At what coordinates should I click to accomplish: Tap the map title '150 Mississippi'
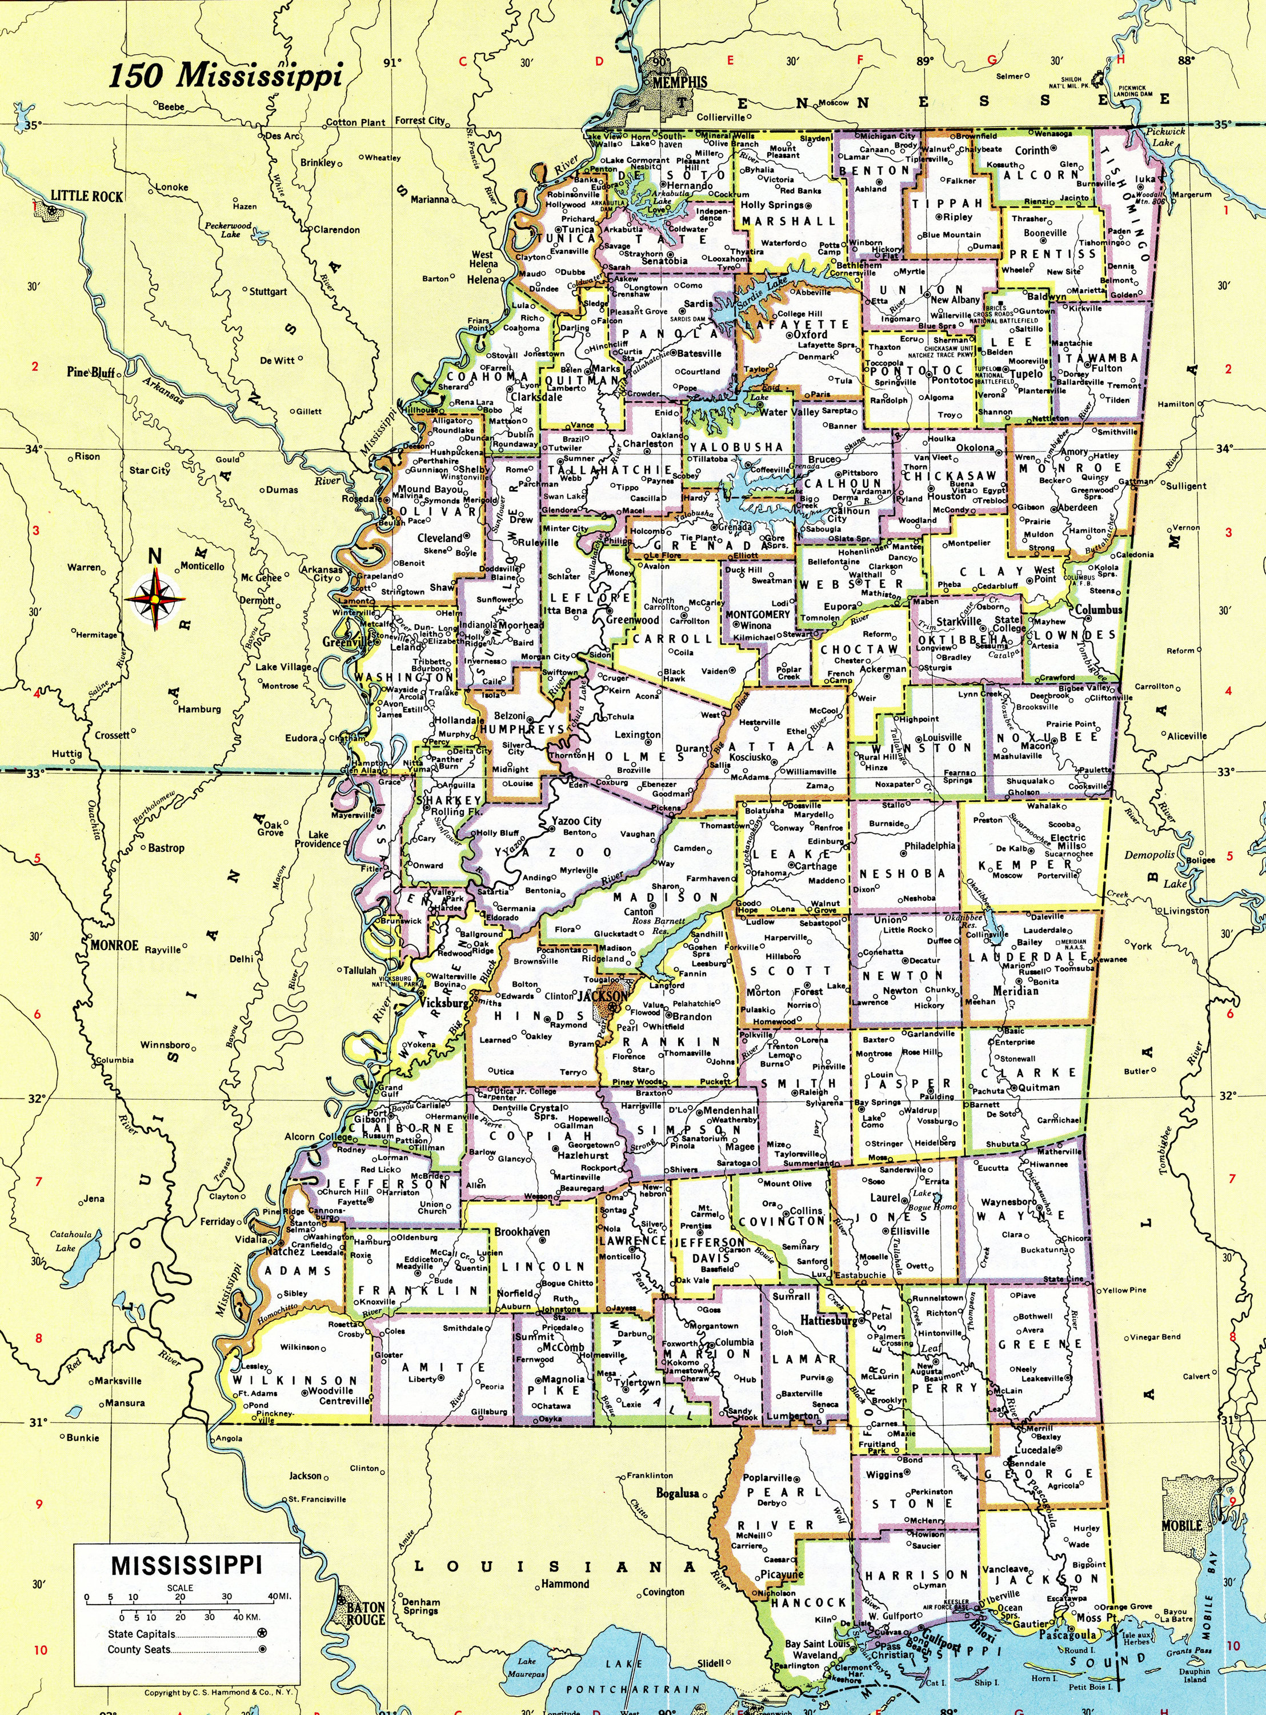[x=225, y=76]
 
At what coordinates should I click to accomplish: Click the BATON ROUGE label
[x=366, y=1592]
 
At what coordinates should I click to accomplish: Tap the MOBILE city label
[x=1181, y=1504]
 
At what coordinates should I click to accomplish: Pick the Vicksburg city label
[x=444, y=1002]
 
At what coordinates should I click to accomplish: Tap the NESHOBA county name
[x=901, y=873]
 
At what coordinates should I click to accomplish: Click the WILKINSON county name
[x=294, y=1380]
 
